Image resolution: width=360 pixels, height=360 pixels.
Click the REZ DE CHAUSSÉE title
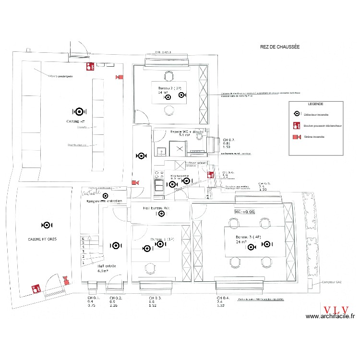click(279, 47)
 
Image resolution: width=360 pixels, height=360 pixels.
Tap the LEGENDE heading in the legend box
click(315, 104)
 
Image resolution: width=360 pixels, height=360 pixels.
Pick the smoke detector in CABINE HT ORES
click(47, 225)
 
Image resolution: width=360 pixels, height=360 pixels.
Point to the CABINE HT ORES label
click(43, 239)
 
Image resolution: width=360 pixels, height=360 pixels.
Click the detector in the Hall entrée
click(115, 245)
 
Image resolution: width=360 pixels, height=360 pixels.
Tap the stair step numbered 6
click(84, 238)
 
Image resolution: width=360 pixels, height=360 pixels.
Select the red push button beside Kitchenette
click(210, 175)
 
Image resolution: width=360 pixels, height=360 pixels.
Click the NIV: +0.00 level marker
click(244, 211)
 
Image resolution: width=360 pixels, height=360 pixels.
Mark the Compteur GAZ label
click(331, 283)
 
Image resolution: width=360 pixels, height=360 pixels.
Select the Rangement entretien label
click(104, 201)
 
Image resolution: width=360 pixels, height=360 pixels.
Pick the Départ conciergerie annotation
click(60, 76)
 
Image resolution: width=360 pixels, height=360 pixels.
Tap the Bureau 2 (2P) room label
click(167, 89)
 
